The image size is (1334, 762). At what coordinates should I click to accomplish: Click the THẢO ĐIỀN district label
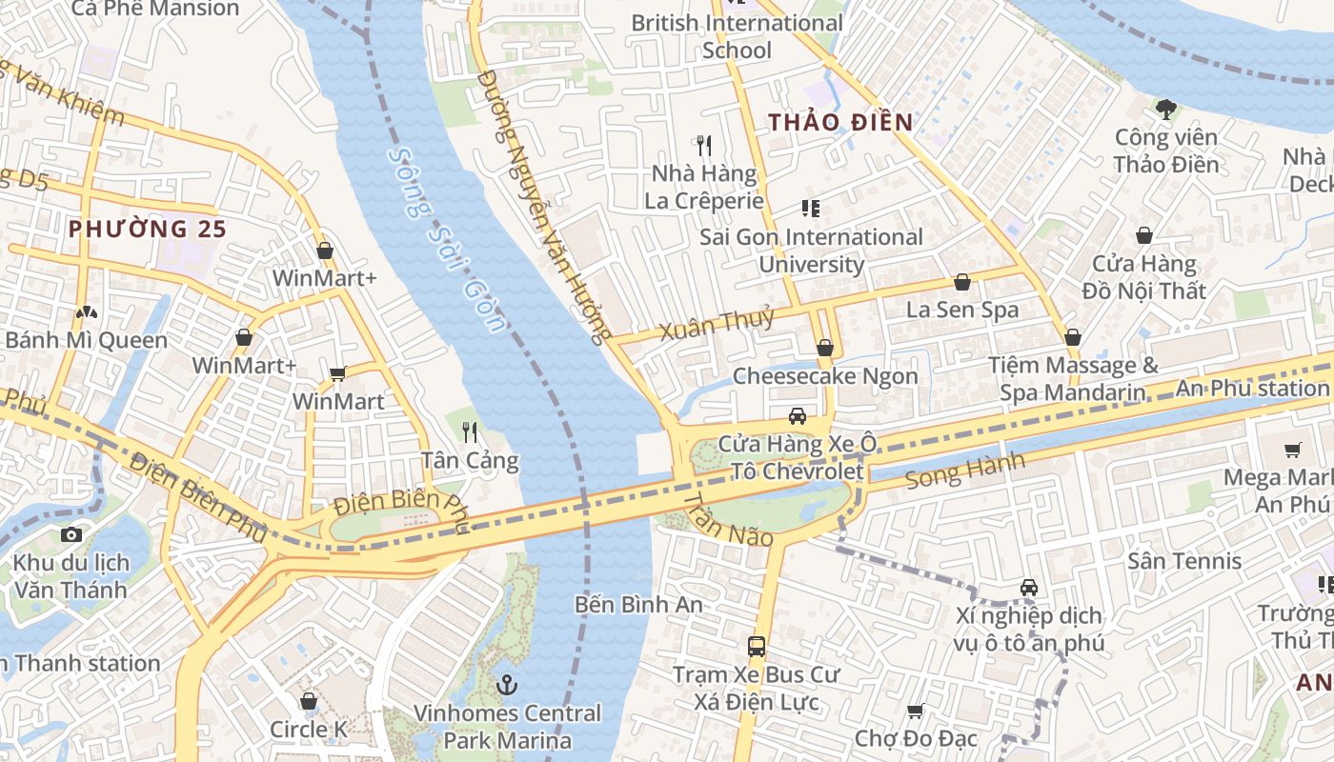(840, 122)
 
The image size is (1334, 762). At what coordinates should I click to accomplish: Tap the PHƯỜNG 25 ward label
(148, 229)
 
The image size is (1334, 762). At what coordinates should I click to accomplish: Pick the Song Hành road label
(964, 471)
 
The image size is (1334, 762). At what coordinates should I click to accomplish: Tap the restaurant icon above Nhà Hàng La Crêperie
(704, 146)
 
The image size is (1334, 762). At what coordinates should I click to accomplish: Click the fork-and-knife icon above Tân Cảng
(470, 432)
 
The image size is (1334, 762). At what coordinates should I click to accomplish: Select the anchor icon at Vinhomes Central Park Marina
(508, 684)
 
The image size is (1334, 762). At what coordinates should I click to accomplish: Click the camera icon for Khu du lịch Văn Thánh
(71, 535)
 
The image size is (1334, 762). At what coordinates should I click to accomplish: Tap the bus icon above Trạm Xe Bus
(757, 647)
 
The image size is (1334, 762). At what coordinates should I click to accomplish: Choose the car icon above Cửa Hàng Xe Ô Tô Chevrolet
(797, 416)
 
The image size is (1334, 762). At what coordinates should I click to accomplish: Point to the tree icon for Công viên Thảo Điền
(1165, 110)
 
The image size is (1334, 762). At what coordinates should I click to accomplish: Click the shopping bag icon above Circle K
(308, 702)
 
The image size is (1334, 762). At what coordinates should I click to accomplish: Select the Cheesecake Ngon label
(825, 376)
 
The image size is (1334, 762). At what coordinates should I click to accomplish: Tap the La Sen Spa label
(961, 310)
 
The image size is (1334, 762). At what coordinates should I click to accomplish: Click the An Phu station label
(1252, 388)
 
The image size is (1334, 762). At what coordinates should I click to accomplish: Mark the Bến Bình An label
(638, 605)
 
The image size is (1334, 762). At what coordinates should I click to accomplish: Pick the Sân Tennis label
(1184, 561)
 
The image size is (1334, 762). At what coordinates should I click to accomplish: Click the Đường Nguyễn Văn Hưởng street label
(543, 205)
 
